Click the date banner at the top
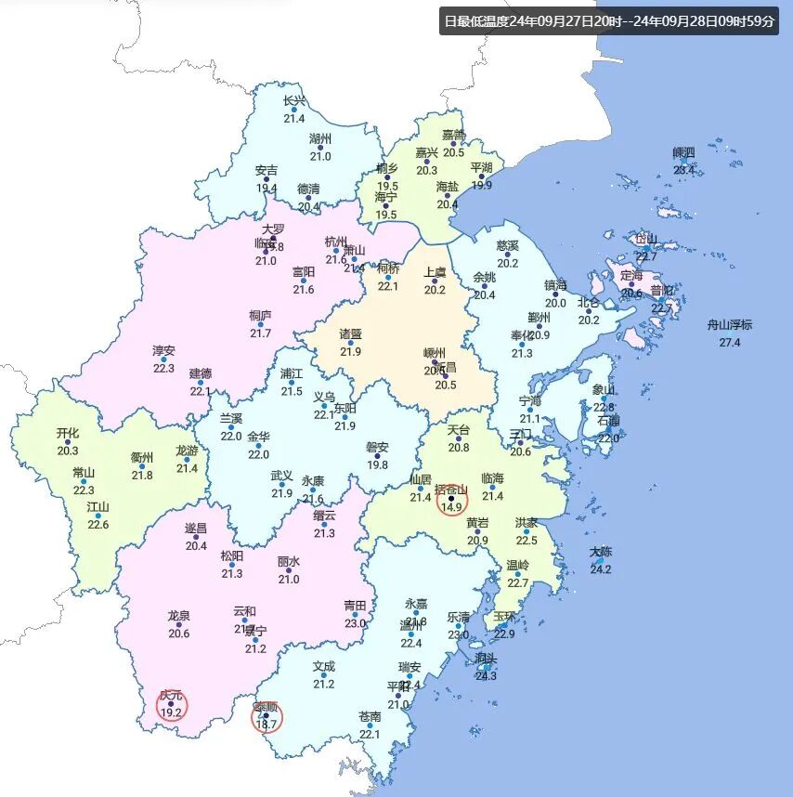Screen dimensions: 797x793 [609, 21]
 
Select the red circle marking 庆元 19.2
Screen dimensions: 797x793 [171, 707]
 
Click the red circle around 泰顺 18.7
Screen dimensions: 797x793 [266, 717]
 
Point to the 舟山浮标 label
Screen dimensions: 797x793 [730, 325]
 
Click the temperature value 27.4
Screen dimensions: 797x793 [730, 343]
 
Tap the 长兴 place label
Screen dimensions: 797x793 [294, 101]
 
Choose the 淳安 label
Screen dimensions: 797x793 [163, 351]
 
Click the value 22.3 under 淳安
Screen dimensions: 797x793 [163, 368]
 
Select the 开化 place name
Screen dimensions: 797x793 [68, 433]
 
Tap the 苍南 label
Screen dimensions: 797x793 [370, 717]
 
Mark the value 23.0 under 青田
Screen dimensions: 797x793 [356, 623]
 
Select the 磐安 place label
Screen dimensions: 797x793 [377, 448]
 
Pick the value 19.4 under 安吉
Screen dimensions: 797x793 [266, 188]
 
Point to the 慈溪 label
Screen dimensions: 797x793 [507, 245]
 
